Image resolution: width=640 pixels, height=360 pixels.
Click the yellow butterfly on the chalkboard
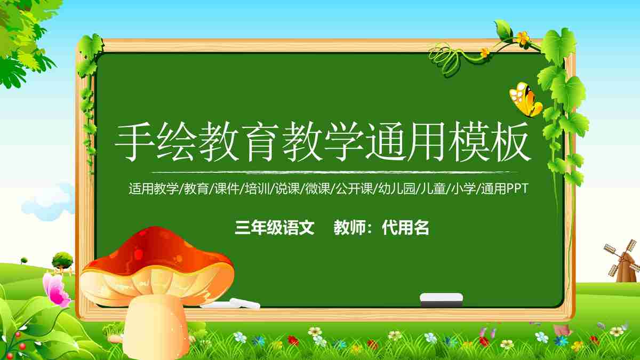click(525, 100)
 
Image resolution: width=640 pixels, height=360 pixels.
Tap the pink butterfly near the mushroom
click(56, 290)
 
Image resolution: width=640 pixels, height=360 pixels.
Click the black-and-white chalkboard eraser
click(441, 299)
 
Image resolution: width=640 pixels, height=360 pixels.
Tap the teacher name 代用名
click(406, 228)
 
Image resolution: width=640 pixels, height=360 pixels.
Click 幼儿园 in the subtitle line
click(396, 189)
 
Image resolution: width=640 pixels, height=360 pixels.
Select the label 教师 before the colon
click(349, 228)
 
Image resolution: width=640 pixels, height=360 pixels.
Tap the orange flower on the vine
click(522, 38)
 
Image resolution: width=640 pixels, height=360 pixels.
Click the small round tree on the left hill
click(62, 260)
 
